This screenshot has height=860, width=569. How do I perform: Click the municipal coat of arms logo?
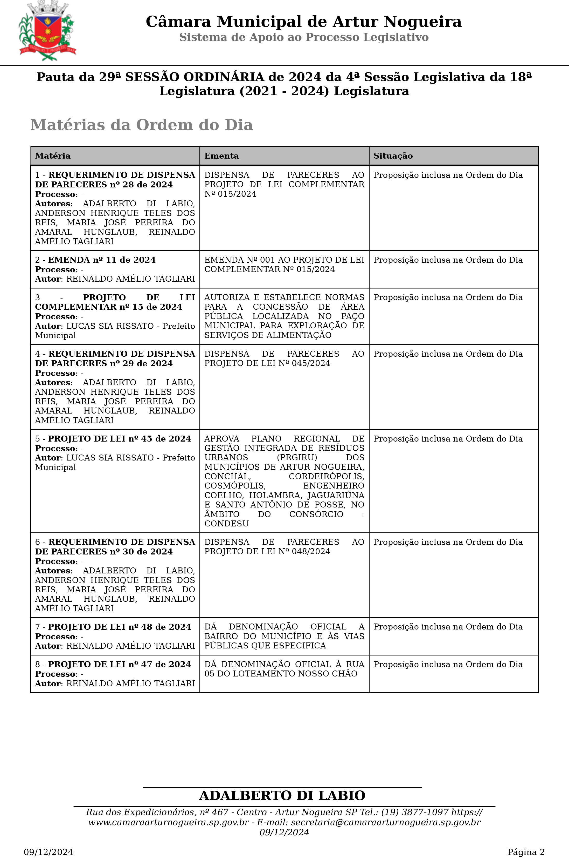47,31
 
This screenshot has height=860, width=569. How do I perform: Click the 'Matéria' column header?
53,156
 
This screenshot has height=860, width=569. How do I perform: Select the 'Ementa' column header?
221,156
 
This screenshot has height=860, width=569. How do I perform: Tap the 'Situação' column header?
393,156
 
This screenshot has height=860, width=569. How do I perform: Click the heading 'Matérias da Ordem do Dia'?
142,125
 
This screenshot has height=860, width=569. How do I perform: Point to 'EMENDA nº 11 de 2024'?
102,260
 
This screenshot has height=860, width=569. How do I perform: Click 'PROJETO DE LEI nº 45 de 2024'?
119,439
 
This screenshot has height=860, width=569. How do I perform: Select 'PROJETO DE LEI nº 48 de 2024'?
119,627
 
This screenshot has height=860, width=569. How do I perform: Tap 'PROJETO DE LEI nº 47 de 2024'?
119,664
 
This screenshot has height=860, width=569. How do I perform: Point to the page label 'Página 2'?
526,852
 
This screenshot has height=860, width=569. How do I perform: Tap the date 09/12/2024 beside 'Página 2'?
48,852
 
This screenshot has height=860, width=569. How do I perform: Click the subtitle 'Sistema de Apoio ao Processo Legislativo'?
304,37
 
